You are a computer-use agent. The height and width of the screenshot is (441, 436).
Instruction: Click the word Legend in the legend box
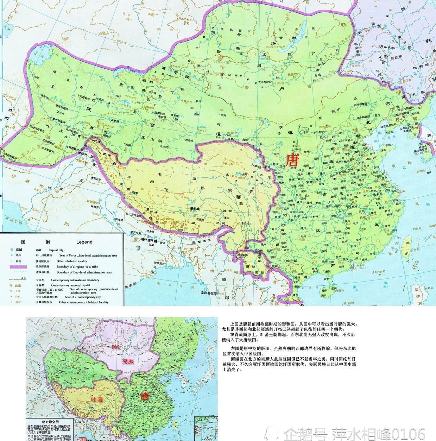(84, 242)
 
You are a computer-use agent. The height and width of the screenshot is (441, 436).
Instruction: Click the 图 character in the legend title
(23, 242)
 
